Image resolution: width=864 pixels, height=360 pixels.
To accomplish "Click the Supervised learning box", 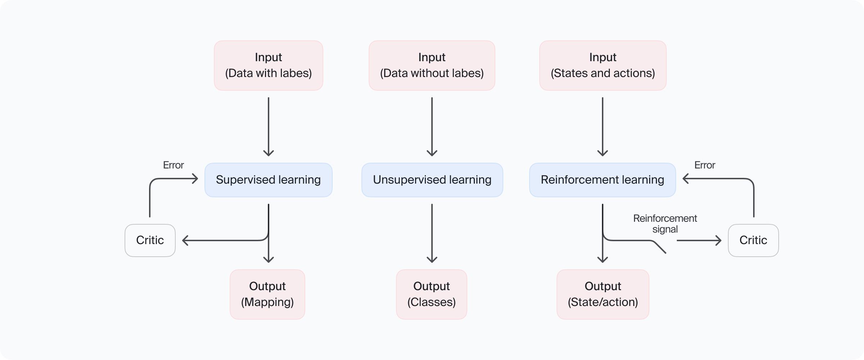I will click(x=268, y=180).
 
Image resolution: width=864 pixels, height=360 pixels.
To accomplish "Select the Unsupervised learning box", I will click(x=432, y=180).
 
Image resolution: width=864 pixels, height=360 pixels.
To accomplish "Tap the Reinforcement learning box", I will click(x=602, y=180).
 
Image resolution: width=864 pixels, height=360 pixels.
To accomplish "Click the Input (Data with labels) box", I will click(x=268, y=65).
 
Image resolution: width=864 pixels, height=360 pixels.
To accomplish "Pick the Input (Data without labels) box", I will click(x=432, y=65).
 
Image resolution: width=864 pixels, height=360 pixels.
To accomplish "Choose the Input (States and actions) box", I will click(x=603, y=65).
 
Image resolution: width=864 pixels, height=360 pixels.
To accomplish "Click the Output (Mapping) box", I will click(x=267, y=294).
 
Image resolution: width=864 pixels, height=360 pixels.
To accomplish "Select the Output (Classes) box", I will click(x=431, y=294).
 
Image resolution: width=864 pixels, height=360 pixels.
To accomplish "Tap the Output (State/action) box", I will click(x=603, y=294).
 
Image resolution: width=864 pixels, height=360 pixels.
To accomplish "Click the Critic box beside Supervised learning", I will click(x=150, y=240).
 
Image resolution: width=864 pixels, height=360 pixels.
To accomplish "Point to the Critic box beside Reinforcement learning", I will click(x=753, y=240).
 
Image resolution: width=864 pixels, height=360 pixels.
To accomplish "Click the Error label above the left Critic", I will click(x=173, y=165).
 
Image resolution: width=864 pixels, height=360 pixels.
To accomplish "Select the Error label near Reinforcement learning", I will click(x=705, y=165).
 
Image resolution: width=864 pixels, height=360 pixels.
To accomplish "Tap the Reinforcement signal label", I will click(x=665, y=224).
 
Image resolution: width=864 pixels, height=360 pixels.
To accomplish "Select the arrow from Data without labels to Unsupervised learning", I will click(x=432, y=126).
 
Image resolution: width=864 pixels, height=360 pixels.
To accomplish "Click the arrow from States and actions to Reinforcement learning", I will click(x=603, y=126).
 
